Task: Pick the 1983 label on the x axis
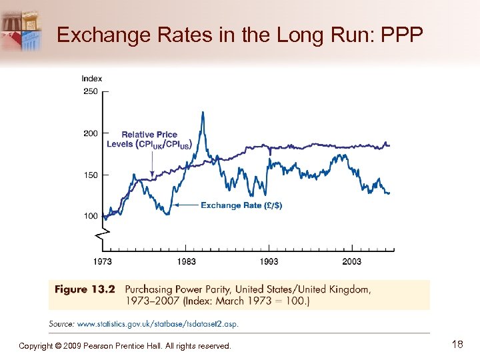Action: (x=187, y=261)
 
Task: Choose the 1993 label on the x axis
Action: (x=269, y=261)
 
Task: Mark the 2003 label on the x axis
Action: (x=352, y=261)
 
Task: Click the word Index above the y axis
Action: (x=92, y=79)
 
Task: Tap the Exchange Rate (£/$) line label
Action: (x=241, y=205)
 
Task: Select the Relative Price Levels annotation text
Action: (x=149, y=139)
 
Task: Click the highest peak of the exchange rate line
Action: (x=202, y=112)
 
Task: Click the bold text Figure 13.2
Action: (x=85, y=289)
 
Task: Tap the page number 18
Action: (x=457, y=345)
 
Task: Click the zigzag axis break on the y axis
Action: (x=103, y=234)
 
